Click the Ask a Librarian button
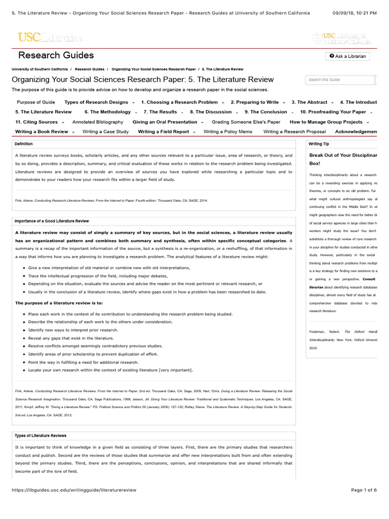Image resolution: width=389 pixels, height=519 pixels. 347,56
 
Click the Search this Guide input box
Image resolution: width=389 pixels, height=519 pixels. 340,80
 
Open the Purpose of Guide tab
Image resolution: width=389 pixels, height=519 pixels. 36,102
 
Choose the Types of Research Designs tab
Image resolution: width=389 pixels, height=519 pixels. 96,102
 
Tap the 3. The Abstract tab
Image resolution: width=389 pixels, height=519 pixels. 312,102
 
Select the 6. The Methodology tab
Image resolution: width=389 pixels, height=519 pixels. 107,112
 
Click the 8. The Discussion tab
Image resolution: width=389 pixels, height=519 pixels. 211,112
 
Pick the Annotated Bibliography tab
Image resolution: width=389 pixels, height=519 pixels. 98,122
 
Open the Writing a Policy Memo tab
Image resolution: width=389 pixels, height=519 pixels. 228,131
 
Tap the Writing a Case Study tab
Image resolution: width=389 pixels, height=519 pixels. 105,131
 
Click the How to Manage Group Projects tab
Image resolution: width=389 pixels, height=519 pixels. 326,122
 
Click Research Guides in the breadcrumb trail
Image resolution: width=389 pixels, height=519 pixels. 90,69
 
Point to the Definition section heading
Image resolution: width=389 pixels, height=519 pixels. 24,144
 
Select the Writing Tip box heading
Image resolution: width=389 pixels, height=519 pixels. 319,144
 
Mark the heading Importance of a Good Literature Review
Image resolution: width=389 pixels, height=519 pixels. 52,221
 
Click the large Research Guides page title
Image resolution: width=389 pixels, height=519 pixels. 56,55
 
